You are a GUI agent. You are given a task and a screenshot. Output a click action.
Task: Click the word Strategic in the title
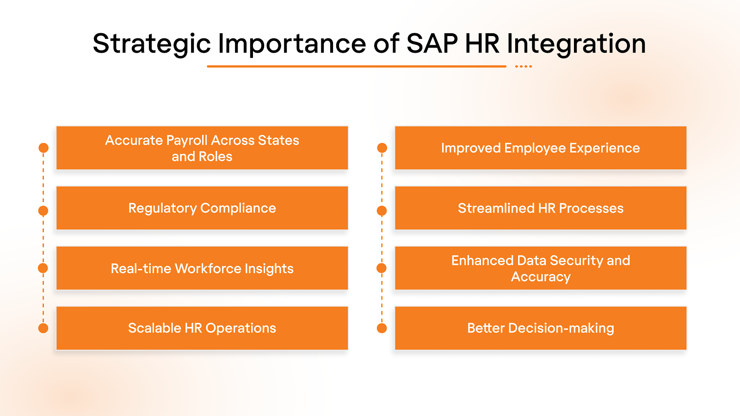(151, 44)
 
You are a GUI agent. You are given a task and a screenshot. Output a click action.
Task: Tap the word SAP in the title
(432, 44)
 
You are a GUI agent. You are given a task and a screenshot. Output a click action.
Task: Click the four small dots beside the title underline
(524, 67)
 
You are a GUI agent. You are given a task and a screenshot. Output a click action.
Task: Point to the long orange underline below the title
(356, 67)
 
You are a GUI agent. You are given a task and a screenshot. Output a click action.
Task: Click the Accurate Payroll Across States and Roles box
(202, 148)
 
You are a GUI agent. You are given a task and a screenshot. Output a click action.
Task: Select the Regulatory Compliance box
(202, 208)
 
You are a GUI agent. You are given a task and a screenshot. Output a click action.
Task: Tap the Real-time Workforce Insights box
(202, 268)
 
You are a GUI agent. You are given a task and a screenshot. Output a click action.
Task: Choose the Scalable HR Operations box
(202, 328)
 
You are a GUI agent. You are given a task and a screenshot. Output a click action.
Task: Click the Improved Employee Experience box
(541, 148)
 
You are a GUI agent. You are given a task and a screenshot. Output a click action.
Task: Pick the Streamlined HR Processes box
(541, 208)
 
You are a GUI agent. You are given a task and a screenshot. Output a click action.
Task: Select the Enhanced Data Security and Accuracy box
(541, 268)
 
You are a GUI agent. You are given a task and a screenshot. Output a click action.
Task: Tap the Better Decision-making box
(541, 328)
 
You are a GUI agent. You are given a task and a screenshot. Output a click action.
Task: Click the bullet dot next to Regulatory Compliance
(43, 211)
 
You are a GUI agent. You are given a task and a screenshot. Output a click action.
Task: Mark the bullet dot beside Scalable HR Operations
(43, 328)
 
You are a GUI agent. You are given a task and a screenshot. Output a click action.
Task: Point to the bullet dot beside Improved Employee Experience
(382, 148)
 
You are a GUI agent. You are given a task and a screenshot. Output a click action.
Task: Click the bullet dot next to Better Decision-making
(382, 328)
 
